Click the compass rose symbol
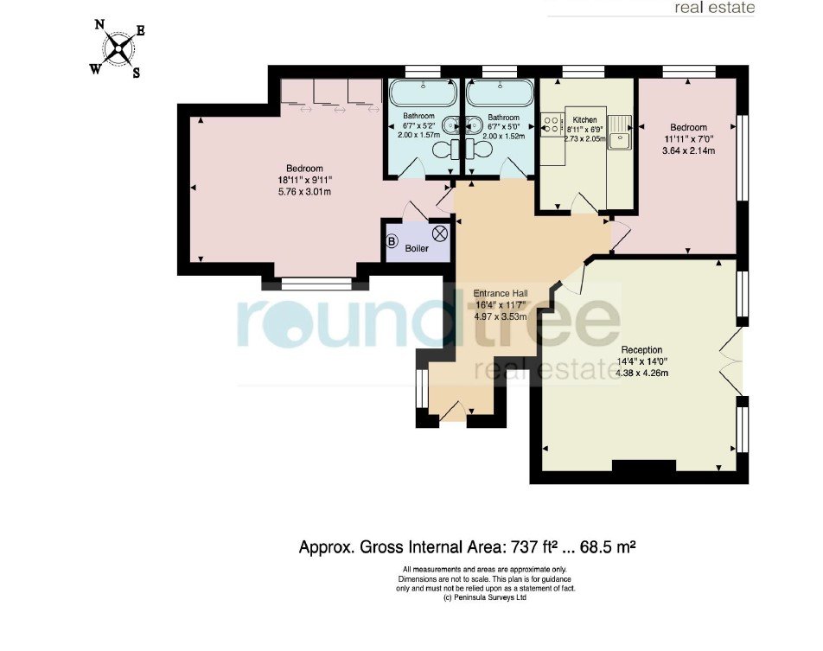[118, 48]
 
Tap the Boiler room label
[417, 248]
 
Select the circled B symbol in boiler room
[392, 241]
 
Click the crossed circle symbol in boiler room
[440, 233]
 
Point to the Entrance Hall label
[501, 293]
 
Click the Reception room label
[641, 349]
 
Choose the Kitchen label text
[584, 119]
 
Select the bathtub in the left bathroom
[423, 93]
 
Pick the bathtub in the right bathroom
[500, 93]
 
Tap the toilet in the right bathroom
[479, 149]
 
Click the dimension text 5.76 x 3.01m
[304, 192]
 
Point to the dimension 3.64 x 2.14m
[689, 150]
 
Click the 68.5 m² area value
[607, 546]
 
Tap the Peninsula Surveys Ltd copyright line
[485, 597]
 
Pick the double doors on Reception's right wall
[730, 361]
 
